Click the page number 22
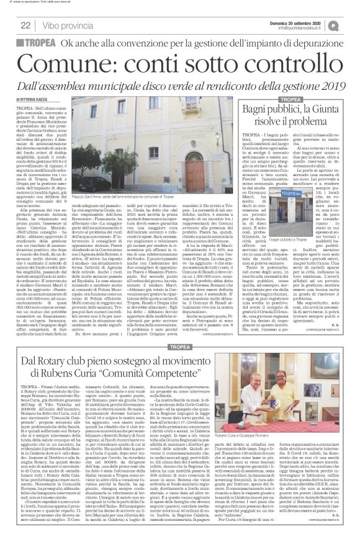pos(26,25)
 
